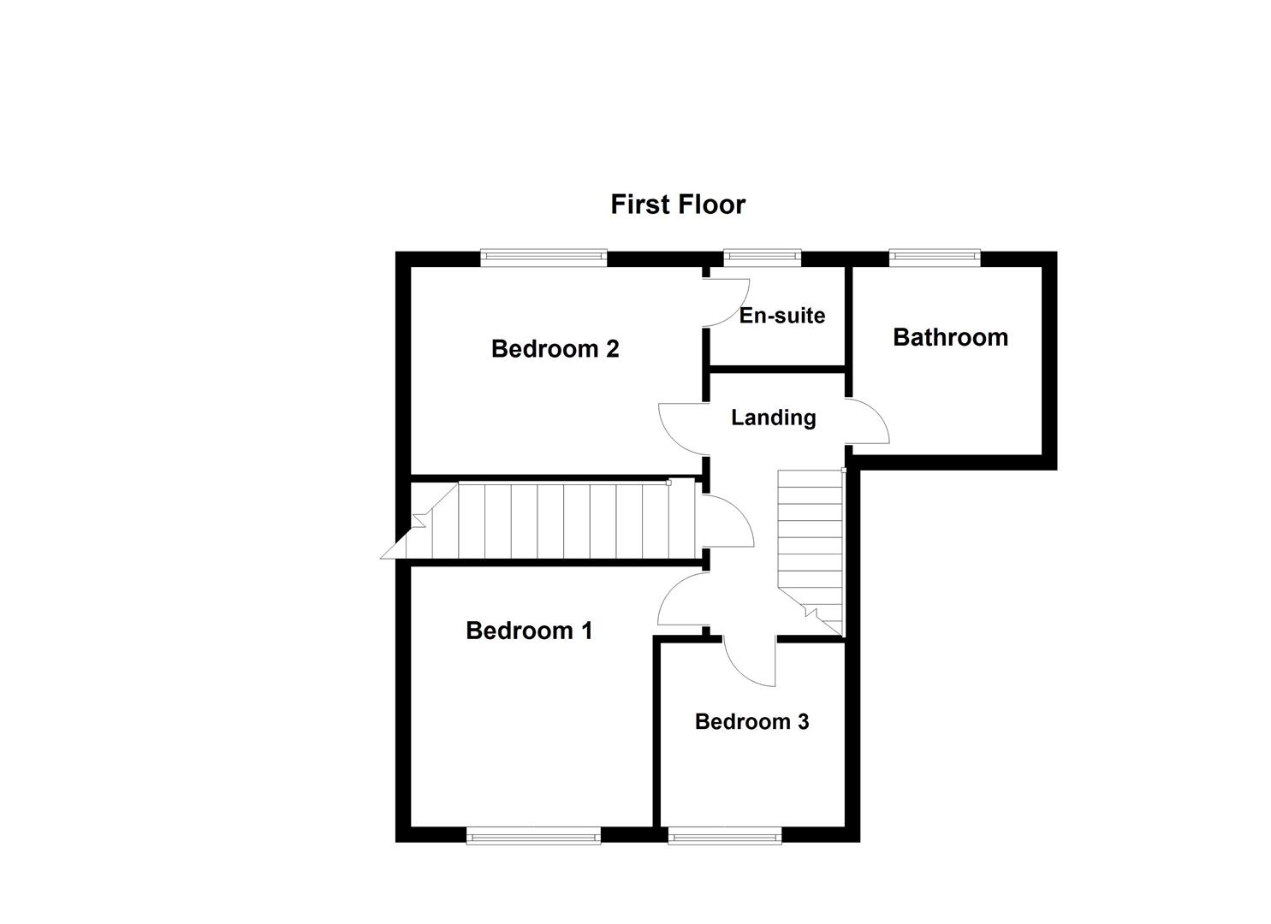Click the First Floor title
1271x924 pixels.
point(678,204)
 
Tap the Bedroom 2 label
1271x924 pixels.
point(555,349)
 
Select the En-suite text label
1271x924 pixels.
point(781,316)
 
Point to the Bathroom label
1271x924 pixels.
point(950,337)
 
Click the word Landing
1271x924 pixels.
point(773,418)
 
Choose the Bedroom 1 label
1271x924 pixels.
point(529,631)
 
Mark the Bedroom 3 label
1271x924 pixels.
point(751,722)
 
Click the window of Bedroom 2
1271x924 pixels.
point(543,254)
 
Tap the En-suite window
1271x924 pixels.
point(762,254)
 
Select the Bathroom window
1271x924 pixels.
point(934,254)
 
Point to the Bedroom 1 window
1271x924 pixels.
point(533,834)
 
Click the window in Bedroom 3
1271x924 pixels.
point(724,834)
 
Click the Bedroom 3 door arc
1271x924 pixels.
point(750,663)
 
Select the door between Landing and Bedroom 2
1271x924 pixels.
point(680,428)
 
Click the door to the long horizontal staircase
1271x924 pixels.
point(728,522)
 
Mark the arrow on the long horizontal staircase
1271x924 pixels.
point(420,519)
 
